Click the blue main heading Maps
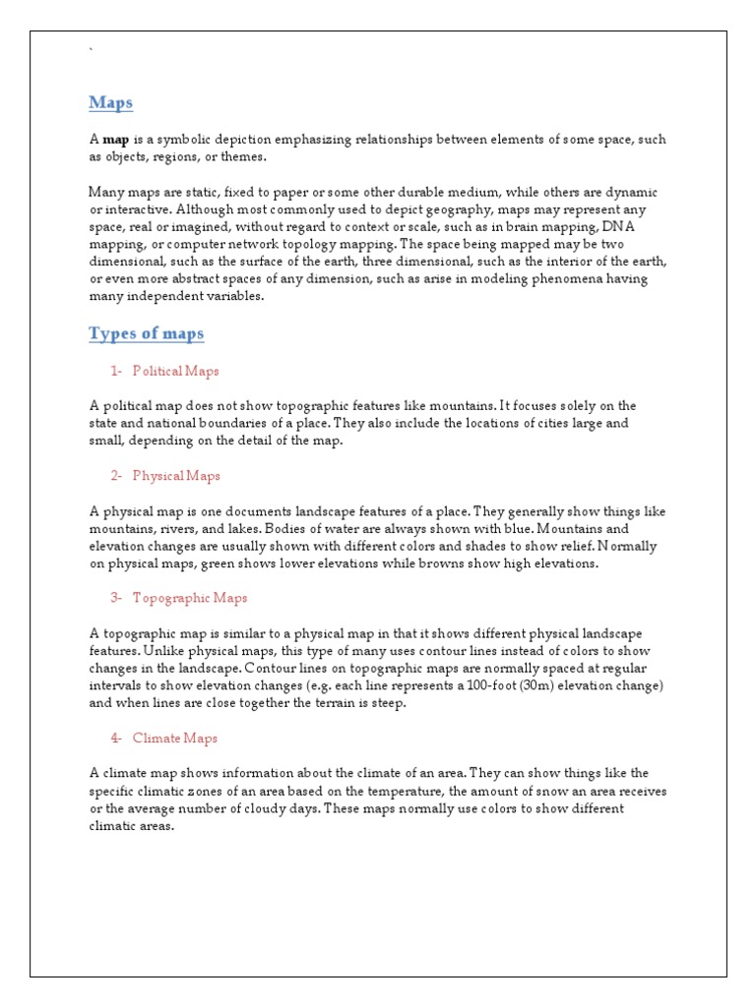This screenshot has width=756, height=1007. click(x=110, y=103)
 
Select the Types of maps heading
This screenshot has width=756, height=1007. click(x=146, y=333)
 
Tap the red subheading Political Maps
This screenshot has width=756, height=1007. click(x=175, y=371)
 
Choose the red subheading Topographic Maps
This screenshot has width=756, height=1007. click(x=190, y=597)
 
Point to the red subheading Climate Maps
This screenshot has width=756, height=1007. click(x=174, y=738)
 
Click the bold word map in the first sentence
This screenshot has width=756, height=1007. click(x=116, y=140)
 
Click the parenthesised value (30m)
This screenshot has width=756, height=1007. click(x=585, y=685)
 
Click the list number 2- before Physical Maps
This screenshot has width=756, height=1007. click(x=116, y=476)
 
